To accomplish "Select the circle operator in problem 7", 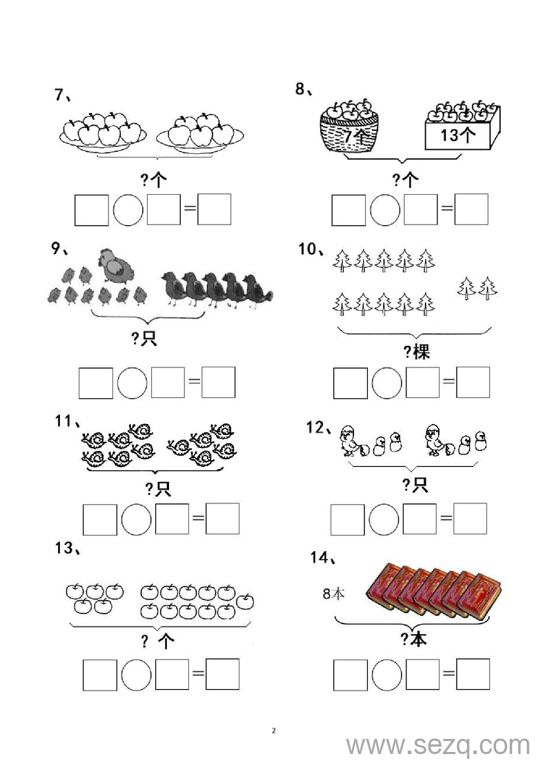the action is tap(128, 210).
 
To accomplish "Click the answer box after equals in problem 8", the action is tap(471, 210).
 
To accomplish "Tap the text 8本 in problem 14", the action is tap(333, 593).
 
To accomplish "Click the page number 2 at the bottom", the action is tap(274, 731).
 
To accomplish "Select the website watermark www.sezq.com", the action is tap(438, 746).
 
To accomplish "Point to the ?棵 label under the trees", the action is tap(416, 352).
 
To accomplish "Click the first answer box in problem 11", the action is tap(99, 520).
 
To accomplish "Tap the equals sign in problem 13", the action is tap(198, 674).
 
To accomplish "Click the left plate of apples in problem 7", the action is tap(103, 131).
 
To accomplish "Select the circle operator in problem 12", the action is tap(384, 519).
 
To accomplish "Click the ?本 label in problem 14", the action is tap(414, 639).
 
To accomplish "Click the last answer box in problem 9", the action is tap(219, 383).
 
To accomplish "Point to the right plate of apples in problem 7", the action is tap(200, 133).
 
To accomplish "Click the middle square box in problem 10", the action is tap(422, 383).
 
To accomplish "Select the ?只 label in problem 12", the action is tap(415, 485).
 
